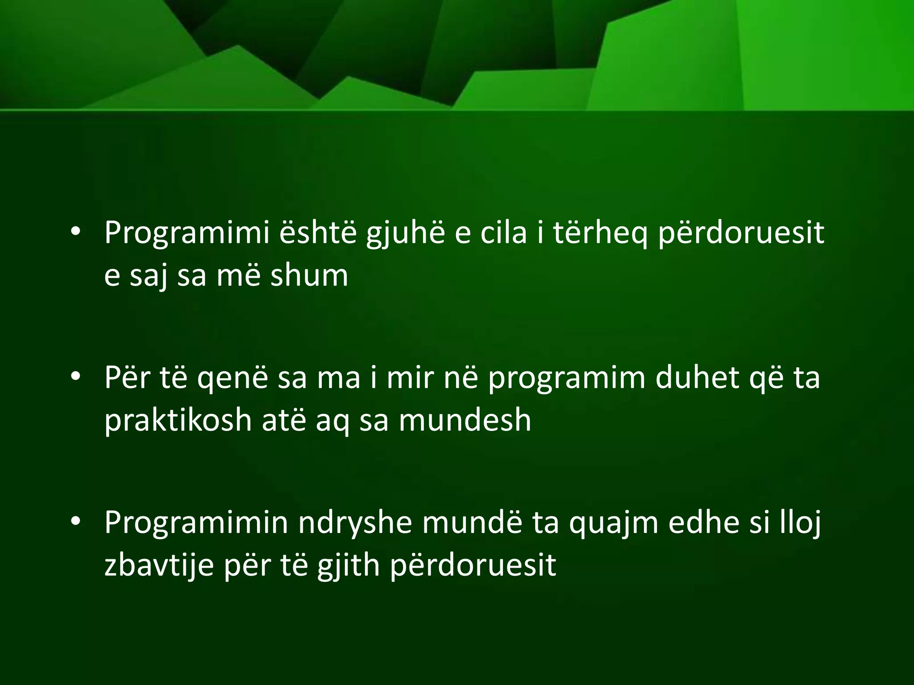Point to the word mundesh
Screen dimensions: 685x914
click(x=465, y=421)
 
